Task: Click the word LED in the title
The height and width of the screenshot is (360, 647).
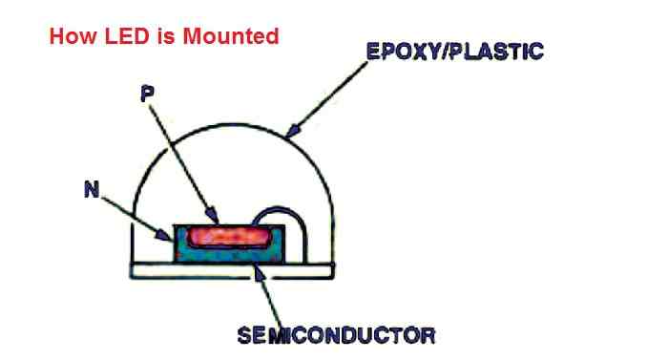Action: (x=113, y=37)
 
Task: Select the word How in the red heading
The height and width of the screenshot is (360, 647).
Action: (x=67, y=37)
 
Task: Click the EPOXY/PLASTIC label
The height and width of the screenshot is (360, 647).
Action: (x=454, y=51)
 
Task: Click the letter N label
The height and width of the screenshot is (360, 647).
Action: (x=92, y=190)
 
